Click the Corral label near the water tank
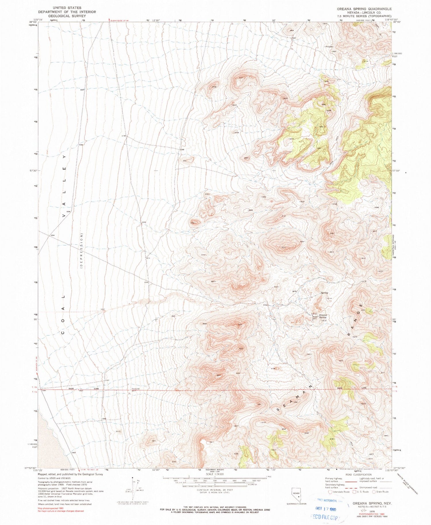314,314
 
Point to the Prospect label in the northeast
329,47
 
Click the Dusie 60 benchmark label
136,389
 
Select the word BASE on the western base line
71,389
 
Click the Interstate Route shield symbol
330,492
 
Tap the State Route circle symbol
374,492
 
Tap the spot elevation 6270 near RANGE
355,337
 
